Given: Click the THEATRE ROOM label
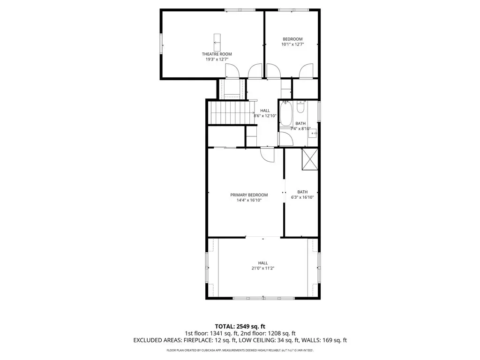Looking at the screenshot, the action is pos(217,54).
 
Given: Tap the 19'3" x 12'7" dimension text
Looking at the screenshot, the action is pos(217,60).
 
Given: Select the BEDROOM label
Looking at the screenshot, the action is pos(292,39).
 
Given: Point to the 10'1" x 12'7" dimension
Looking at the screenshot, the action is pos(292,45).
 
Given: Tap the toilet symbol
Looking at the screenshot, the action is pos(300,106).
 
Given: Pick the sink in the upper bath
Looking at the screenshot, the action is pos(313,134).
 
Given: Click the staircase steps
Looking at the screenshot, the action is pos(232,112).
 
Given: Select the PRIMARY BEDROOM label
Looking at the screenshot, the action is pos(249,195).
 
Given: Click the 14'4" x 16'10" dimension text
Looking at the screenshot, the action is pos(249,200).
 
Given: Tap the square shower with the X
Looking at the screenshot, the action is pos(310,159).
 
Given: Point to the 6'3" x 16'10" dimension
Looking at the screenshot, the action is pos(302,197).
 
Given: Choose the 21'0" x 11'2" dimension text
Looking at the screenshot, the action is pos(262,269).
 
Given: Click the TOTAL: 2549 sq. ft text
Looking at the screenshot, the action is pos(240,326).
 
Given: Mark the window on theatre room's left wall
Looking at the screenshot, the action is pos(161,44).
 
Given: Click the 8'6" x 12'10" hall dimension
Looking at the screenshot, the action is pos(265,116).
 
